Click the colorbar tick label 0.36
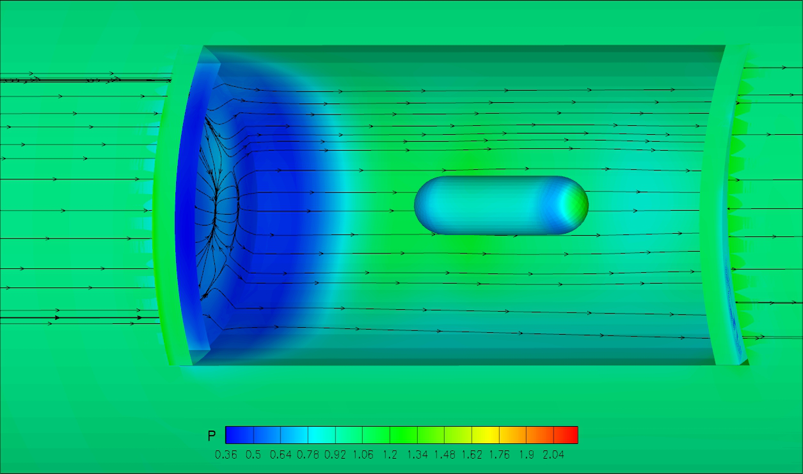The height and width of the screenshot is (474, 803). [x=226, y=455]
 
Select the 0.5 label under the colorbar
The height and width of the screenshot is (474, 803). [x=253, y=455]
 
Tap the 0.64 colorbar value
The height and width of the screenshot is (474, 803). [x=281, y=455]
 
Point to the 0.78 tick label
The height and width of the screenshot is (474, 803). [x=308, y=455]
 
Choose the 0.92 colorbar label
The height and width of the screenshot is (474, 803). [x=335, y=455]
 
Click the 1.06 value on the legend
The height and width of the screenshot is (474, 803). [x=363, y=455]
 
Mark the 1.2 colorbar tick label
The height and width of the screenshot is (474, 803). [x=390, y=455]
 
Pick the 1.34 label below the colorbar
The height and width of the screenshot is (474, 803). [x=418, y=455]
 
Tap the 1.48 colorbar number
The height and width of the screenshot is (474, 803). [x=445, y=455]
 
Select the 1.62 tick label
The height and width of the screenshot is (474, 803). [x=472, y=455]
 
